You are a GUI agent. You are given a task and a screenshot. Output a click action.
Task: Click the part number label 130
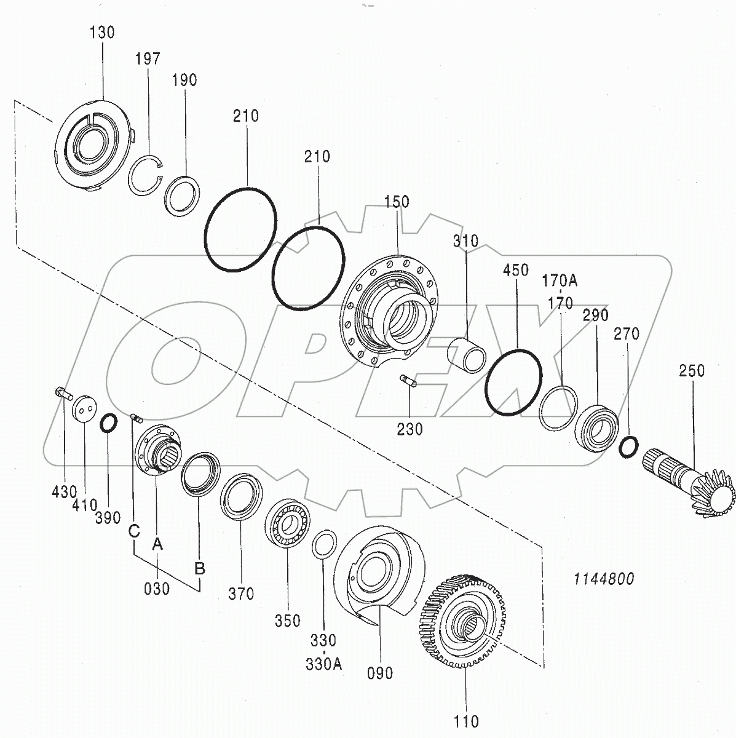tap(102, 33)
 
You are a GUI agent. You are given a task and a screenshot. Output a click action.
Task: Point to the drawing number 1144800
tap(603, 579)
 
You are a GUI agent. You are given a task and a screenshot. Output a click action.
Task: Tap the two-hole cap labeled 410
tap(84, 408)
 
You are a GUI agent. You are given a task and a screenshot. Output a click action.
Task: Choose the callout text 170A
tap(559, 281)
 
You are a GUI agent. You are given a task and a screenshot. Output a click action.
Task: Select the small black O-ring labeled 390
tap(108, 423)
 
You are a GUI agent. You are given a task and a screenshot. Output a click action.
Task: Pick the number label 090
tap(379, 673)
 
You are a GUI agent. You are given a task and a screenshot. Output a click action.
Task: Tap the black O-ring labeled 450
tap(513, 383)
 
